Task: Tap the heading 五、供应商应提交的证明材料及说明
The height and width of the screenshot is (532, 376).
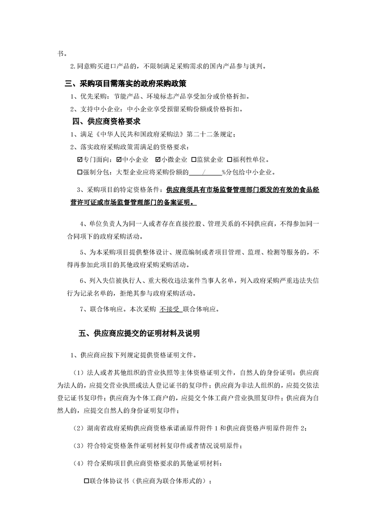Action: pos(139,333)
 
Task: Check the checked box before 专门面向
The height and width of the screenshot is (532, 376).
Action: pos(79,159)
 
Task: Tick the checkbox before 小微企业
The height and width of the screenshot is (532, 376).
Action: pos(157,159)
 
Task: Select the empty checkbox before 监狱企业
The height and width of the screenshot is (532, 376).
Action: pos(193,159)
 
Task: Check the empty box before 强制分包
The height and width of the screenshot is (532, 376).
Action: pos(79,172)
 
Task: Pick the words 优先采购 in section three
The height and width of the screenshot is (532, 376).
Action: pos(90,96)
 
